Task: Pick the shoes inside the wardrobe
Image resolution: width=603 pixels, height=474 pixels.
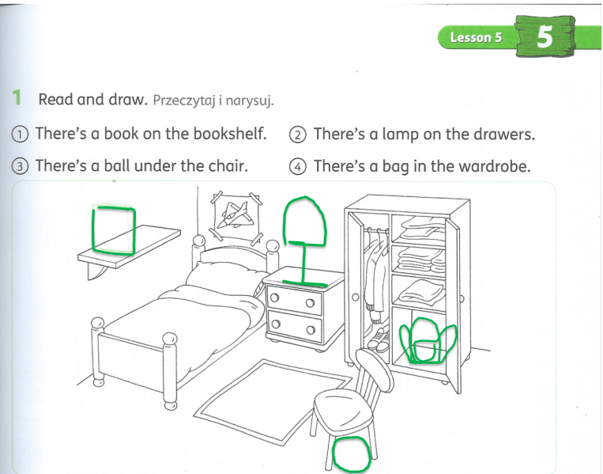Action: click(x=378, y=339)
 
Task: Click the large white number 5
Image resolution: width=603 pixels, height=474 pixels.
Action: click(x=545, y=36)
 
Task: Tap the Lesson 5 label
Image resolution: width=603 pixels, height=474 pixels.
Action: click(x=476, y=38)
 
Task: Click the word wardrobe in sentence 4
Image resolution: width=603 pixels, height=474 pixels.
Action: click(x=495, y=166)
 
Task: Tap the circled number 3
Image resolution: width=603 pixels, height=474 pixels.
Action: click(x=20, y=167)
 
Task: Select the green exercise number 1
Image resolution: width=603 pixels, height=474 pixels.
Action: click(x=17, y=97)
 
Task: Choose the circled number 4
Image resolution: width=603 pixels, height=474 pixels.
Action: click(x=298, y=167)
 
